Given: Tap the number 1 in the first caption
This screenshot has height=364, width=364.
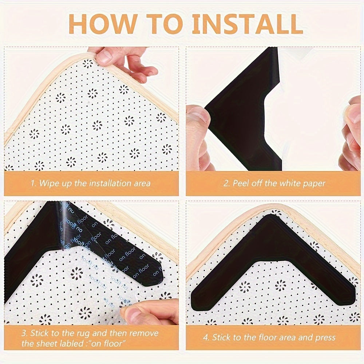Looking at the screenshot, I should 32,183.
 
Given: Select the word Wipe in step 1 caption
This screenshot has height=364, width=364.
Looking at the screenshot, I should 48,183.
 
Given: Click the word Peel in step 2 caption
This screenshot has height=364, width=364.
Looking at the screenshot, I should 240,183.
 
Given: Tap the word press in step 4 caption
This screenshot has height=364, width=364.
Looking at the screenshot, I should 325,338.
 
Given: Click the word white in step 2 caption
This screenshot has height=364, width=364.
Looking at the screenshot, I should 287,183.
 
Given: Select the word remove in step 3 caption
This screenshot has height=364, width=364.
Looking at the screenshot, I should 144,333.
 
